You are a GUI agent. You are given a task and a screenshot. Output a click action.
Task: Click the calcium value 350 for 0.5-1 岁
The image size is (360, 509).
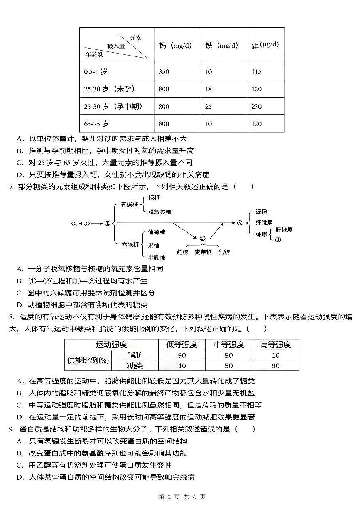164,72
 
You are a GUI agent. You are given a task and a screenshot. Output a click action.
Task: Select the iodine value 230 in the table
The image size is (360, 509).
257,107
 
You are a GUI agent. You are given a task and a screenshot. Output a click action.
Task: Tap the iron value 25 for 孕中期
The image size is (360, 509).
208,107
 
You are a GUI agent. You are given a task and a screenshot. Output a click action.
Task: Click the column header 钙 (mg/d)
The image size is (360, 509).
175,45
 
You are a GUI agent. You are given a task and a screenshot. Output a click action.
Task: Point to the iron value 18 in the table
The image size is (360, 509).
208,89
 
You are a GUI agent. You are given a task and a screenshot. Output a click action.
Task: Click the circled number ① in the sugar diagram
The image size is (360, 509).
107,224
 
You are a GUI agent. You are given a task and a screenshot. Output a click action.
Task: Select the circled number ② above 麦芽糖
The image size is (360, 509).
202,239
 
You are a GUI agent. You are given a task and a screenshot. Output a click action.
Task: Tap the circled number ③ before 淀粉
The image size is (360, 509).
240,223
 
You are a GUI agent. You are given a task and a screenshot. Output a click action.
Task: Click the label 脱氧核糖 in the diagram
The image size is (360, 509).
159,212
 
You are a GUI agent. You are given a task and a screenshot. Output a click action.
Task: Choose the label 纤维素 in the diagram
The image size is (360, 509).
264,222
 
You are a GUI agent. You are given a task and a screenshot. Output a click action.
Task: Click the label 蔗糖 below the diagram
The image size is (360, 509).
182,252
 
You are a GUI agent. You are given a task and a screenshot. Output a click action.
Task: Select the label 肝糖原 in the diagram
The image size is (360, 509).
284,229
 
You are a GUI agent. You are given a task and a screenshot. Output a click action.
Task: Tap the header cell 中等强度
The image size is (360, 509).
229,344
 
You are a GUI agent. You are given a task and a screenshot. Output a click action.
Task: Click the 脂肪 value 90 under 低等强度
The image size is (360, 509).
182,355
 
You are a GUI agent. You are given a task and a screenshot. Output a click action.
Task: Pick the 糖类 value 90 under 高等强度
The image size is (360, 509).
276,365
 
